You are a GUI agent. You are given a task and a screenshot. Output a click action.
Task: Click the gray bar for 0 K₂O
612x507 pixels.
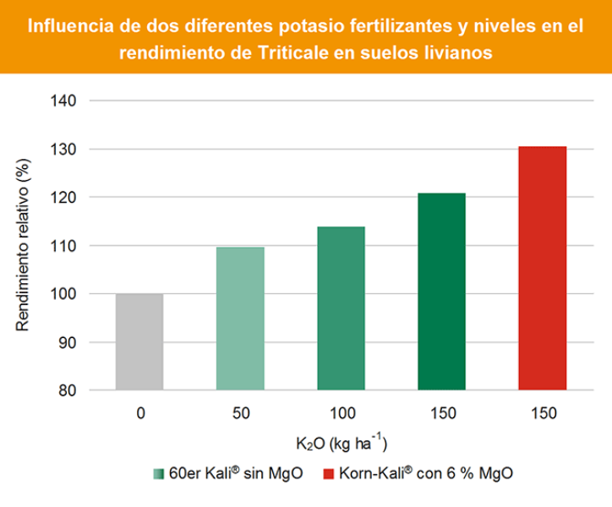pos(139,341)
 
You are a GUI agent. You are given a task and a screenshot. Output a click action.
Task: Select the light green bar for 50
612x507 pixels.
pos(240,319)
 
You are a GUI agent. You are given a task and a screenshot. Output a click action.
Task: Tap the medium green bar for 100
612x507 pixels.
pos(341,308)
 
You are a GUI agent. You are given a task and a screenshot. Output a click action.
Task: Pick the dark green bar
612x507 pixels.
pos(441,292)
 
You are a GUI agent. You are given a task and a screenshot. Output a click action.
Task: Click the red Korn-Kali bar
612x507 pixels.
pos(542,268)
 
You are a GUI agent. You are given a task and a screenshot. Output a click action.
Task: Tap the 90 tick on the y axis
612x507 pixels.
pos(68,343)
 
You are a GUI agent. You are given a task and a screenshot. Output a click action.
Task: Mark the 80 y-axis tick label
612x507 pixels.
pos(68,391)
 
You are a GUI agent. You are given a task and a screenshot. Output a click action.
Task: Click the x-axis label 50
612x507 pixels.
pos(240,413)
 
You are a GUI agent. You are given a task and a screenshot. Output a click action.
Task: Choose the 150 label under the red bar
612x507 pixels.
pos(542,413)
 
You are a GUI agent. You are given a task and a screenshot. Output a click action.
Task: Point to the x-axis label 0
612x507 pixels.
pos(139,413)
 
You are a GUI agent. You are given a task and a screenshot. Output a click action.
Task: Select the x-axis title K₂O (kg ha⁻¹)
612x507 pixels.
pos(341,442)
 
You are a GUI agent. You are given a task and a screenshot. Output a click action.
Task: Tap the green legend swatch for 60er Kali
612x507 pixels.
pos(158,473)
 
